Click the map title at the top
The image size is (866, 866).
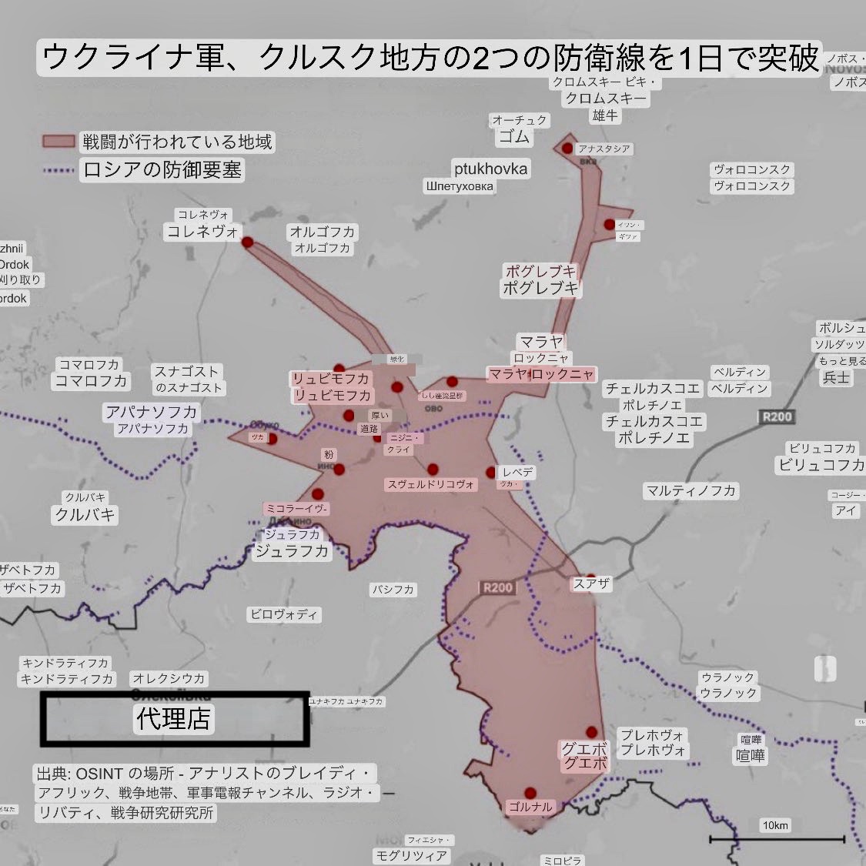pyautogui.click(x=430, y=58)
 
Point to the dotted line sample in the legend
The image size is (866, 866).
pyautogui.click(x=59, y=169)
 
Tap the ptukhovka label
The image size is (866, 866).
pyautogui.click(x=490, y=169)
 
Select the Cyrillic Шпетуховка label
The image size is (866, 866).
pyautogui.click(x=460, y=186)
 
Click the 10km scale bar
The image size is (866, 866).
pyautogui.click(x=776, y=838)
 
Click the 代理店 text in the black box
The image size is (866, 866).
pyautogui.click(x=174, y=718)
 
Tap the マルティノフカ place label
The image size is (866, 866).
pyautogui.click(x=691, y=490)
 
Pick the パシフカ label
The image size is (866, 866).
pyautogui.click(x=393, y=590)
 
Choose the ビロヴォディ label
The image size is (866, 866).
pyautogui.click(x=284, y=614)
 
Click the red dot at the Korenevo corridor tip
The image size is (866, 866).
pyautogui.click(x=247, y=242)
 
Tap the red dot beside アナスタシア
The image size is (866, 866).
pyautogui.click(x=567, y=148)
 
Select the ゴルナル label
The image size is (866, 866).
pyautogui.click(x=530, y=807)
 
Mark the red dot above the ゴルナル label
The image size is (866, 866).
pyautogui.click(x=530, y=792)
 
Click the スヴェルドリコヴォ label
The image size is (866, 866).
pyautogui.click(x=432, y=484)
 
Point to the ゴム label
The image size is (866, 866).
pyautogui.click(x=514, y=137)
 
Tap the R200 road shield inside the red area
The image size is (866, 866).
pyautogui.click(x=497, y=587)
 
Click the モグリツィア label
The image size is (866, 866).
pyautogui.click(x=411, y=855)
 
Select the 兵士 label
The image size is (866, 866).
pyautogui.click(x=837, y=377)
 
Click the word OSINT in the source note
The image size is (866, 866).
pyautogui.click(x=98, y=774)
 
